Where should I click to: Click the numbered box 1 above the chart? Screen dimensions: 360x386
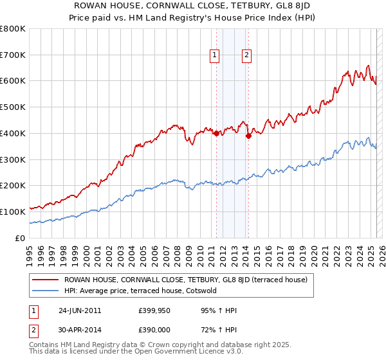click(215, 56)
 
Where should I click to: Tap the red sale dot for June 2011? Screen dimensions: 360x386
click(216, 133)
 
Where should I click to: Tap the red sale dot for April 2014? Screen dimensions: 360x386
click(248, 136)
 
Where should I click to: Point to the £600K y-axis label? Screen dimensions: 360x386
click(13, 81)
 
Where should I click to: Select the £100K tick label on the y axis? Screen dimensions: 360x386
click(13, 212)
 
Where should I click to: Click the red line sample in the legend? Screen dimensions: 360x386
click(45, 280)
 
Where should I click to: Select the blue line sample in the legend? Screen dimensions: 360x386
click(45, 291)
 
